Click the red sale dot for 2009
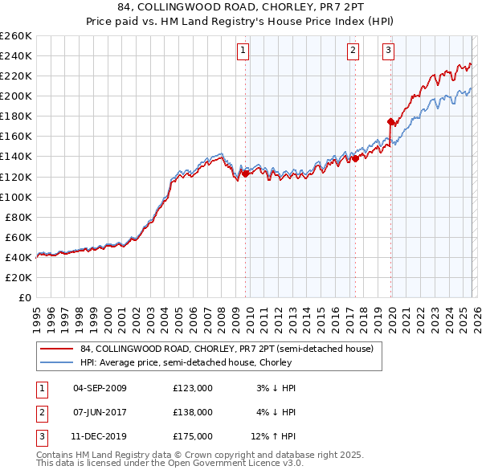pyautogui.click(x=245, y=173)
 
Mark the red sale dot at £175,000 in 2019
pyautogui.click(x=391, y=121)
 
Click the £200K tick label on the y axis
pyautogui.click(x=15, y=96)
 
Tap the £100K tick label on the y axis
pyautogui.click(x=15, y=197)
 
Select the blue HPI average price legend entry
pyautogui.click(x=193, y=363)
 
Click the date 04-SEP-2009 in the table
pyautogui.click(x=100, y=387)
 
